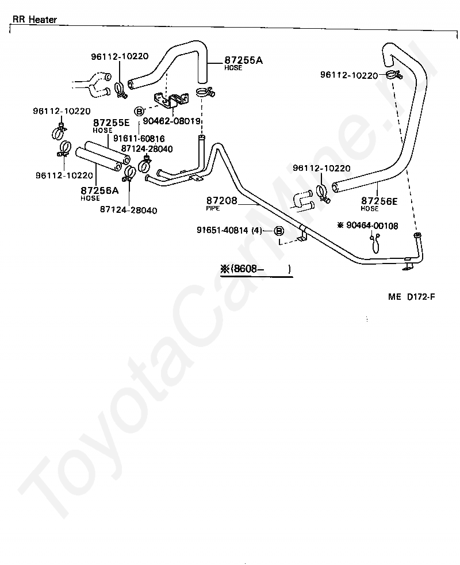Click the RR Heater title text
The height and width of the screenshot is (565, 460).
34,20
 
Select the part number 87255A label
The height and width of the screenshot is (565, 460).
243,60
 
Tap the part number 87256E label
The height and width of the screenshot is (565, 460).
379,201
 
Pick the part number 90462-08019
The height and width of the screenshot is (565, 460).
171,121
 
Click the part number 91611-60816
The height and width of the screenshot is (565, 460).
139,138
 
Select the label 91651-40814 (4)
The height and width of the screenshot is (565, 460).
229,230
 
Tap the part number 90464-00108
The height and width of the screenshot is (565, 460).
372,226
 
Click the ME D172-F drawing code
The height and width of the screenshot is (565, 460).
411,296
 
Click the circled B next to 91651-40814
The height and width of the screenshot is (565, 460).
279,231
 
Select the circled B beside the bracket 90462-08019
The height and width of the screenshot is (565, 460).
139,111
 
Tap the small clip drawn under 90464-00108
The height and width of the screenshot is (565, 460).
375,242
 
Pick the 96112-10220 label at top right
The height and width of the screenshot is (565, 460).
349,75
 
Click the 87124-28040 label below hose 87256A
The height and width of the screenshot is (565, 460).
129,209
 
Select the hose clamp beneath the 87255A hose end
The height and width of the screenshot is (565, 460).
206,93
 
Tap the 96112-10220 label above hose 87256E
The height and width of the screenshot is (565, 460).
321,168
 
